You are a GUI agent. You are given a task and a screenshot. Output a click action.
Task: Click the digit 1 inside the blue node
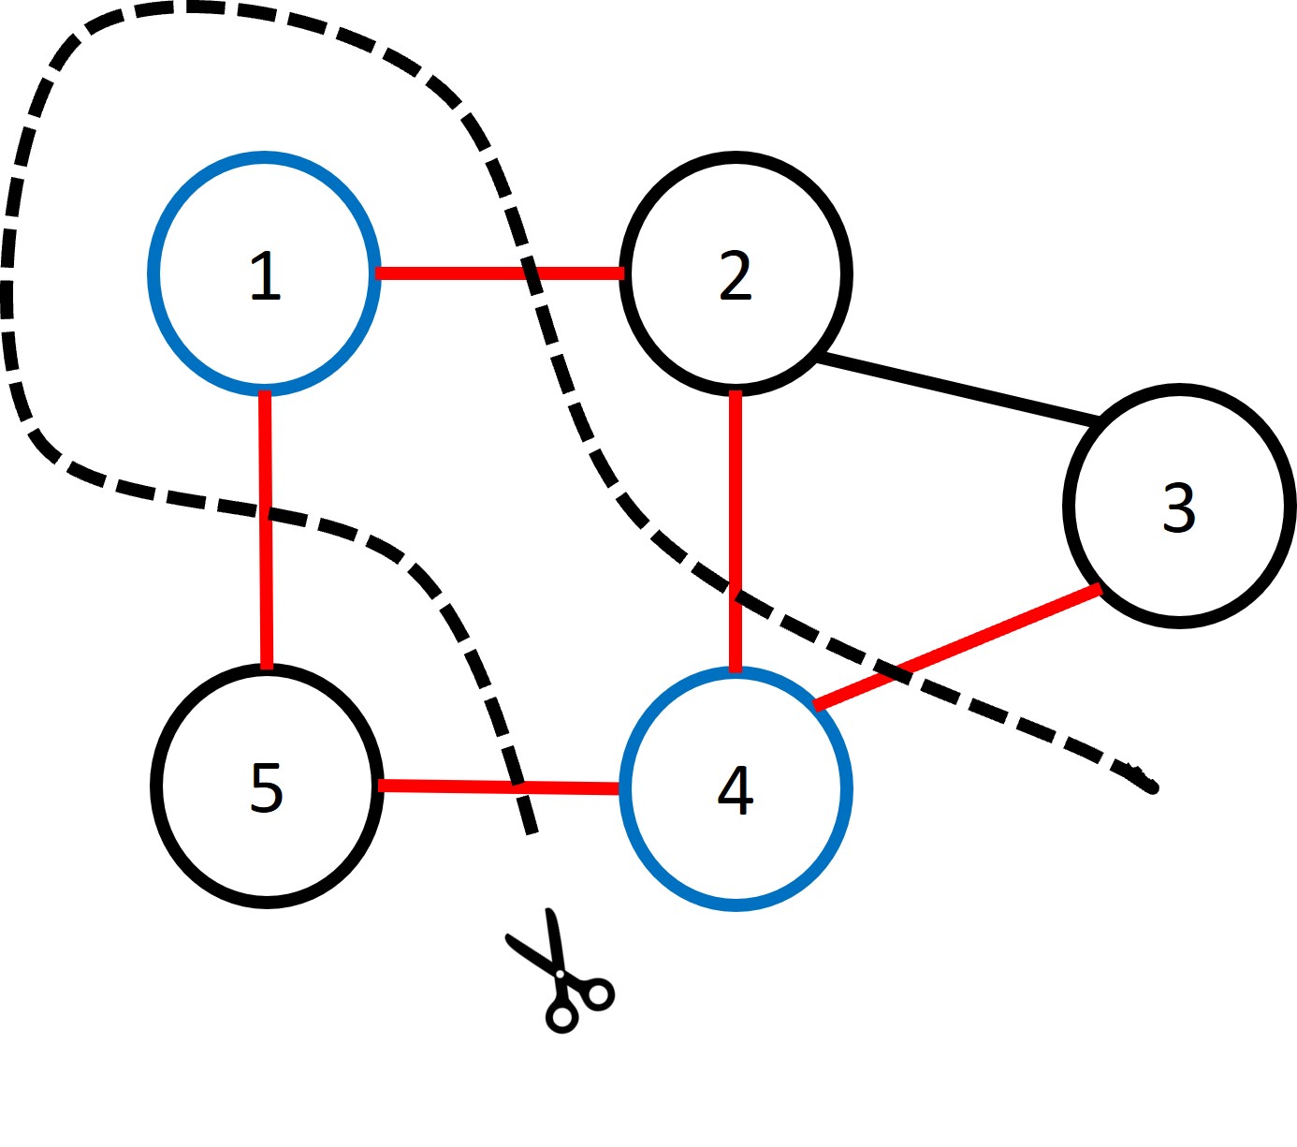point(265,276)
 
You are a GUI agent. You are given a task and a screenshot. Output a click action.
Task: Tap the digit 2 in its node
point(736,276)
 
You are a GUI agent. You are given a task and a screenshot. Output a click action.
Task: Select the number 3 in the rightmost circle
point(1179,508)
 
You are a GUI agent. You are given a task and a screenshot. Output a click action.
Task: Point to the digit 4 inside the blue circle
point(736,790)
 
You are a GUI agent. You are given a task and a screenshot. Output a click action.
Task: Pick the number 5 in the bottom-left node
point(267,788)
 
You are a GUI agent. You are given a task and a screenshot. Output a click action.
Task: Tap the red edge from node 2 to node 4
point(736,487)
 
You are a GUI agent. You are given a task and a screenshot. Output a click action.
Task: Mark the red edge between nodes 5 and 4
point(449,787)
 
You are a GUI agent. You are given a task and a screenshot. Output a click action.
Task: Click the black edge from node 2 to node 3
point(955,387)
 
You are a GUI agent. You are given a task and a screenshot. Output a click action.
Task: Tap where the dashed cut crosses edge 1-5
point(267,513)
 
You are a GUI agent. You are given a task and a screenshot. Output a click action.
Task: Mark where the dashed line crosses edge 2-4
point(736,594)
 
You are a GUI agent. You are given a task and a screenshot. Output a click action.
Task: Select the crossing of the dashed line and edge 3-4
point(896,673)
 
